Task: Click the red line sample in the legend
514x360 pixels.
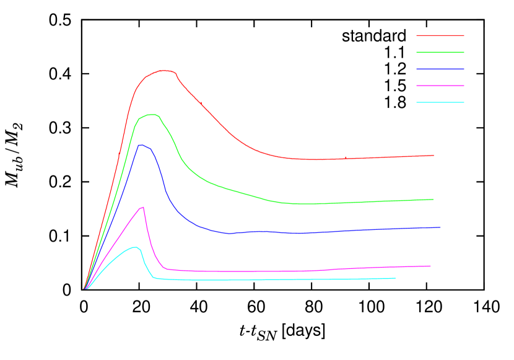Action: point(440,36)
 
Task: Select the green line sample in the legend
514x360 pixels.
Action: point(440,53)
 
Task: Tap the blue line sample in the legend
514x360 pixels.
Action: point(440,69)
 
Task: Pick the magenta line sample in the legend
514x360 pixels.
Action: point(440,86)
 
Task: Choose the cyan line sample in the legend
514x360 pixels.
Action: point(440,102)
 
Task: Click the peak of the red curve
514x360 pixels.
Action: point(163,71)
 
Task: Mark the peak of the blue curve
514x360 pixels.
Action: point(141,145)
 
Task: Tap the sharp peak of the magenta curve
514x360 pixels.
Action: point(144,207)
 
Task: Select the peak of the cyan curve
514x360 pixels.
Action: point(135,247)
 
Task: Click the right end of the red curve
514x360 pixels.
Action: point(433,156)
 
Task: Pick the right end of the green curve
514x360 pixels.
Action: point(433,200)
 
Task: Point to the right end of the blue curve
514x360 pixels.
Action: point(440,227)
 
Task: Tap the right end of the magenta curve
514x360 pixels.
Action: point(430,266)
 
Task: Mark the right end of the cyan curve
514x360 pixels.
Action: point(395,278)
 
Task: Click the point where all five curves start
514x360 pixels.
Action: point(85,289)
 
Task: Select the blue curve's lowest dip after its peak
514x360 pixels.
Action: point(229,234)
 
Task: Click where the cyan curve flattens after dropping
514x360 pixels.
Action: point(154,278)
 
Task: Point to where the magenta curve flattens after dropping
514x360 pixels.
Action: point(167,269)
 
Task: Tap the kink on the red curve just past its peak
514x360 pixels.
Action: point(176,74)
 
